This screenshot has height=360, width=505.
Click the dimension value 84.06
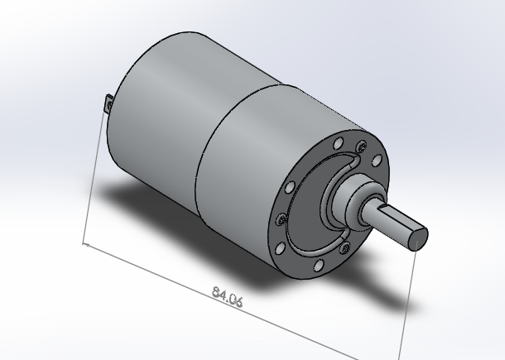[227, 296]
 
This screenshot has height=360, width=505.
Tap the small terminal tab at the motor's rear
[108, 105]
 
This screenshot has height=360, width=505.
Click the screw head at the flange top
[361, 147]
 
